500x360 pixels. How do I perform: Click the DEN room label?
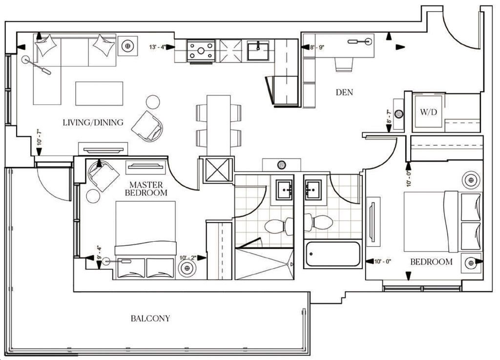pyautogui.click(x=344, y=92)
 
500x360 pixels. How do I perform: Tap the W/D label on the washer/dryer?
pyautogui.click(x=428, y=112)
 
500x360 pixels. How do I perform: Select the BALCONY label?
pyautogui.click(x=150, y=318)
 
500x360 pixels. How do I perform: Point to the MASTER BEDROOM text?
pyautogui.click(x=146, y=189)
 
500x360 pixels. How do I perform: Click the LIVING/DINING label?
pyautogui.click(x=93, y=123)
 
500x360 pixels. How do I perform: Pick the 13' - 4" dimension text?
pyautogui.click(x=158, y=47)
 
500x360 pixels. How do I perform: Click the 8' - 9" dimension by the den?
pyautogui.click(x=317, y=47)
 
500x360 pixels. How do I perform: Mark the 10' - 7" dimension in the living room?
pyautogui.click(x=39, y=138)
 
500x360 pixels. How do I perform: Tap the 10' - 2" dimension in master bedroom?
pyautogui.click(x=188, y=257)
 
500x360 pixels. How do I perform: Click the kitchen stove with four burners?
pyautogui.click(x=201, y=50)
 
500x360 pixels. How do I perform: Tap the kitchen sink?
pyautogui.click(x=258, y=50)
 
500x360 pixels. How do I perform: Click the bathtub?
pyautogui.click(x=333, y=254)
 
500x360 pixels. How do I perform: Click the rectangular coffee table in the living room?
pyautogui.click(x=99, y=93)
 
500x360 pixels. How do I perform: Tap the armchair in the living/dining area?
pyautogui.click(x=147, y=127)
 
